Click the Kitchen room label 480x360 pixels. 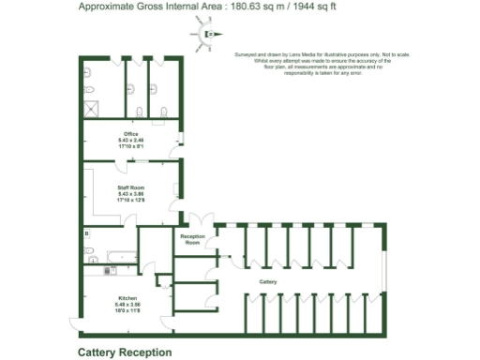pos(127,299)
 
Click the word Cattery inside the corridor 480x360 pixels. pos(268,281)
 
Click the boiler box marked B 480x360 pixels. pos(87,232)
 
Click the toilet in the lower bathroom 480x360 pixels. pos(91,255)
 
